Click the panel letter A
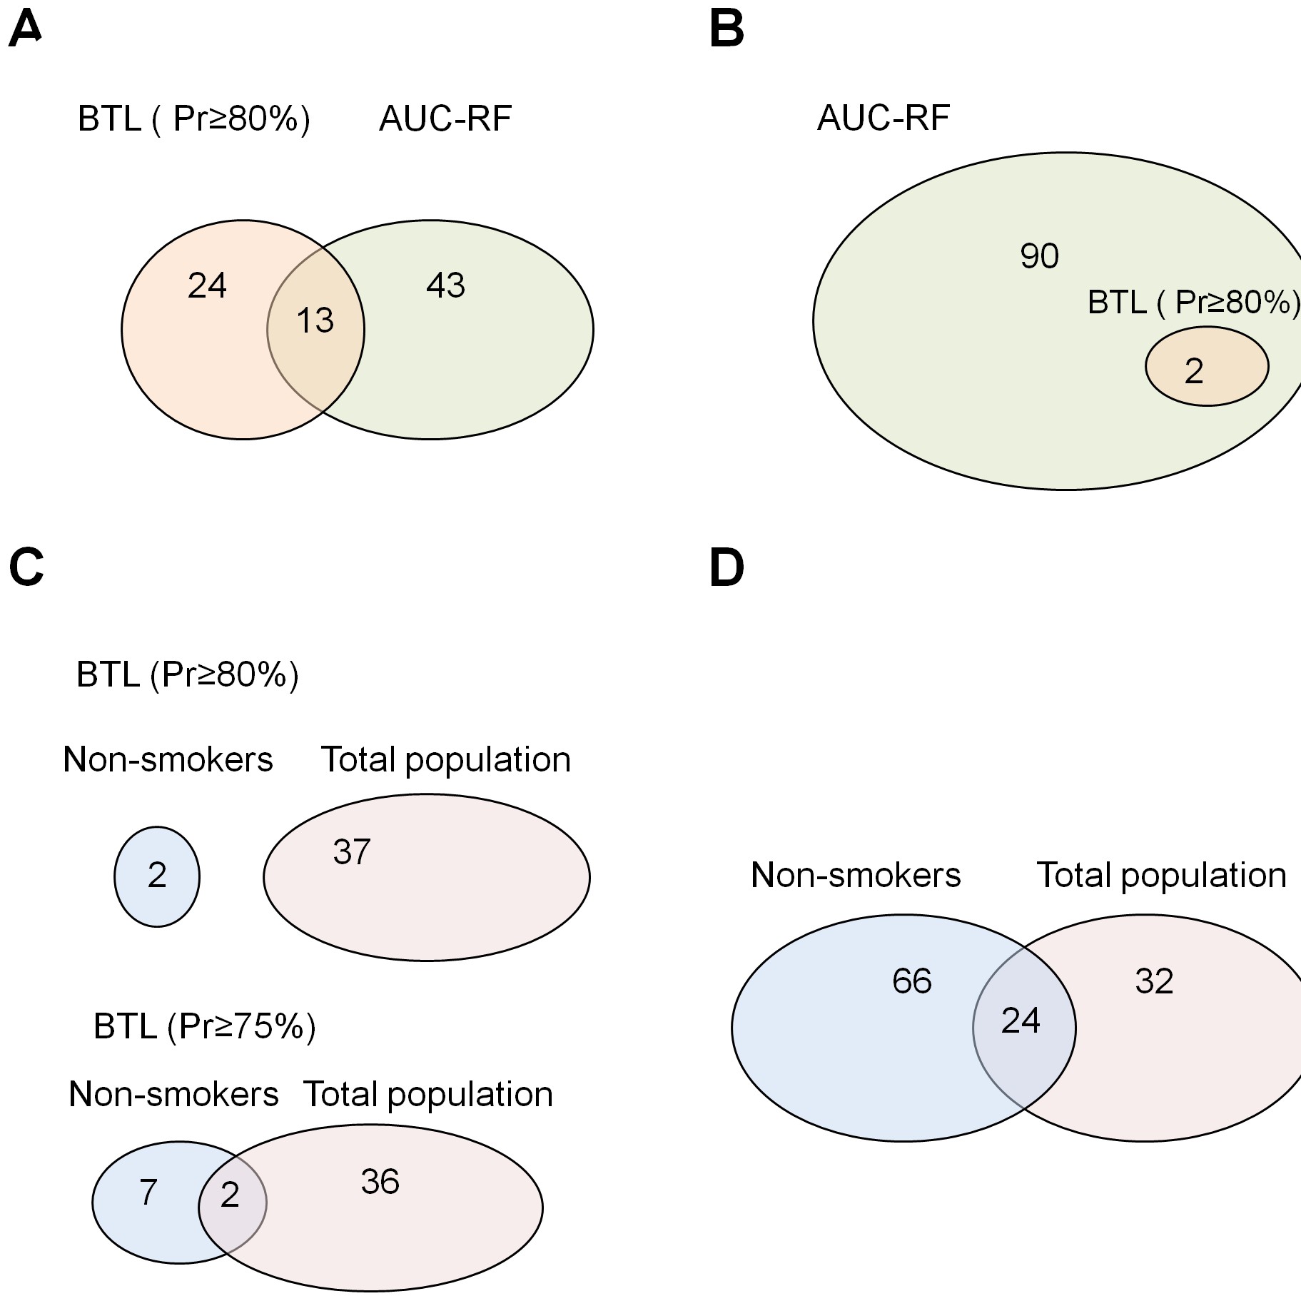pyautogui.click(x=25, y=30)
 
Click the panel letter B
pyautogui.click(x=727, y=30)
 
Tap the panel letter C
pyautogui.click(x=26, y=568)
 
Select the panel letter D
pyautogui.click(x=727, y=568)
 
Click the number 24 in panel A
pyautogui.click(x=207, y=285)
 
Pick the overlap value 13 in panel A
pyautogui.click(x=315, y=320)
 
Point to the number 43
pyautogui.click(x=445, y=285)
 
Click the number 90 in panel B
pyautogui.click(x=1039, y=255)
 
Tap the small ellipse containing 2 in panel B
pyautogui.click(x=1207, y=366)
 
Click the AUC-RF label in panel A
pyautogui.click(x=445, y=118)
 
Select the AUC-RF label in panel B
pyautogui.click(x=884, y=118)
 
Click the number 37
pyautogui.click(x=352, y=851)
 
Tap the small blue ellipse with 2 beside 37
pyautogui.click(x=157, y=876)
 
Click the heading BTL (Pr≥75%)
pyautogui.click(x=205, y=1026)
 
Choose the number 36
pyautogui.click(x=380, y=1181)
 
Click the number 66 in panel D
pyautogui.click(x=912, y=981)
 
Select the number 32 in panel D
pyautogui.click(x=1154, y=981)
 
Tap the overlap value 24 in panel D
pyautogui.click(x=1021, y=1020)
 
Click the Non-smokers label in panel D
pyautogui.click(x=856, y=874)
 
